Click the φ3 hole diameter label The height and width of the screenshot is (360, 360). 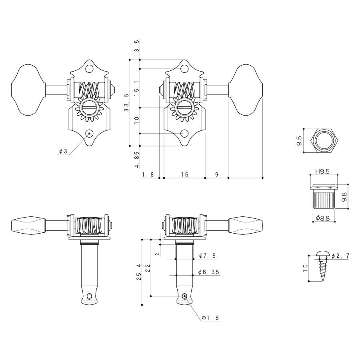tap(63, 151)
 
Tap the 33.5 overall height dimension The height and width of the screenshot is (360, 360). tap(126, 103)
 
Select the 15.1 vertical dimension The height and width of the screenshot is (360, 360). tap(137, 86)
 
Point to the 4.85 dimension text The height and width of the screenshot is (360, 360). tap(137, 160)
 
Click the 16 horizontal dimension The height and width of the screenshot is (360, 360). tap(184, 174)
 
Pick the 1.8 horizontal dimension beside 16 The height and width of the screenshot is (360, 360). tap(148, 174)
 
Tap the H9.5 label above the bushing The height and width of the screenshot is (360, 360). tap(322, 171)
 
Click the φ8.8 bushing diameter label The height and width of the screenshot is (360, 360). tap(322, 218)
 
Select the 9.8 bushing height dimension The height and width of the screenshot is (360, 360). tap(344, 197)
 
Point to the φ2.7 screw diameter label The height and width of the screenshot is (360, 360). tap(340, 256)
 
